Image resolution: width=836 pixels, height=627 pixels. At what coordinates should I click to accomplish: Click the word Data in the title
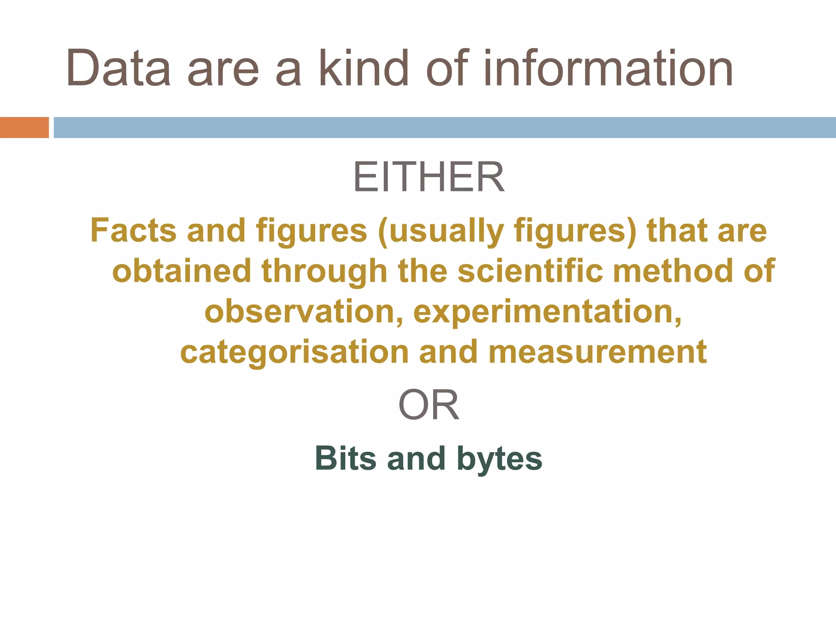(x=118, y=69)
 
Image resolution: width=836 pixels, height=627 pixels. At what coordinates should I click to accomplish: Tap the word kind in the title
(x=363, y=69)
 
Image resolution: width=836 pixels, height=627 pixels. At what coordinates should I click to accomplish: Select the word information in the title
(x=608, y=69)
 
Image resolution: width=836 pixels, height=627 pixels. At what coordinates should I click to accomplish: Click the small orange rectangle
(x=24, y=127)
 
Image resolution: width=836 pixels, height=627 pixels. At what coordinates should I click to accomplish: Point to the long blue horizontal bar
(x=445, y=127)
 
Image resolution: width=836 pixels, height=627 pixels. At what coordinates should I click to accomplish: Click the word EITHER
(x=429, y=177)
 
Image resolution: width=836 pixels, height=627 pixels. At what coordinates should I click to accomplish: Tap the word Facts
(x=133, y=231)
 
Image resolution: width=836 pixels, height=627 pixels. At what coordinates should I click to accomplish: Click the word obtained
(x=182, y=271)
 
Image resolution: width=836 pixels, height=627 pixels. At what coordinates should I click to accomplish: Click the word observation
(x=300, y=311)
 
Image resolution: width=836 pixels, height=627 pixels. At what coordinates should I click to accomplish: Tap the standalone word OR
(x=429, y=405)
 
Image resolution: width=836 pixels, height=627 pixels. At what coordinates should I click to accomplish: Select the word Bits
(x=345, y=458)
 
